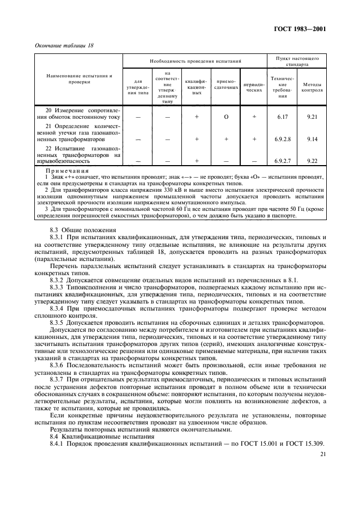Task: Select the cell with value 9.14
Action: (312, 139)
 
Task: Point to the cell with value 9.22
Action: (312, 161)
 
